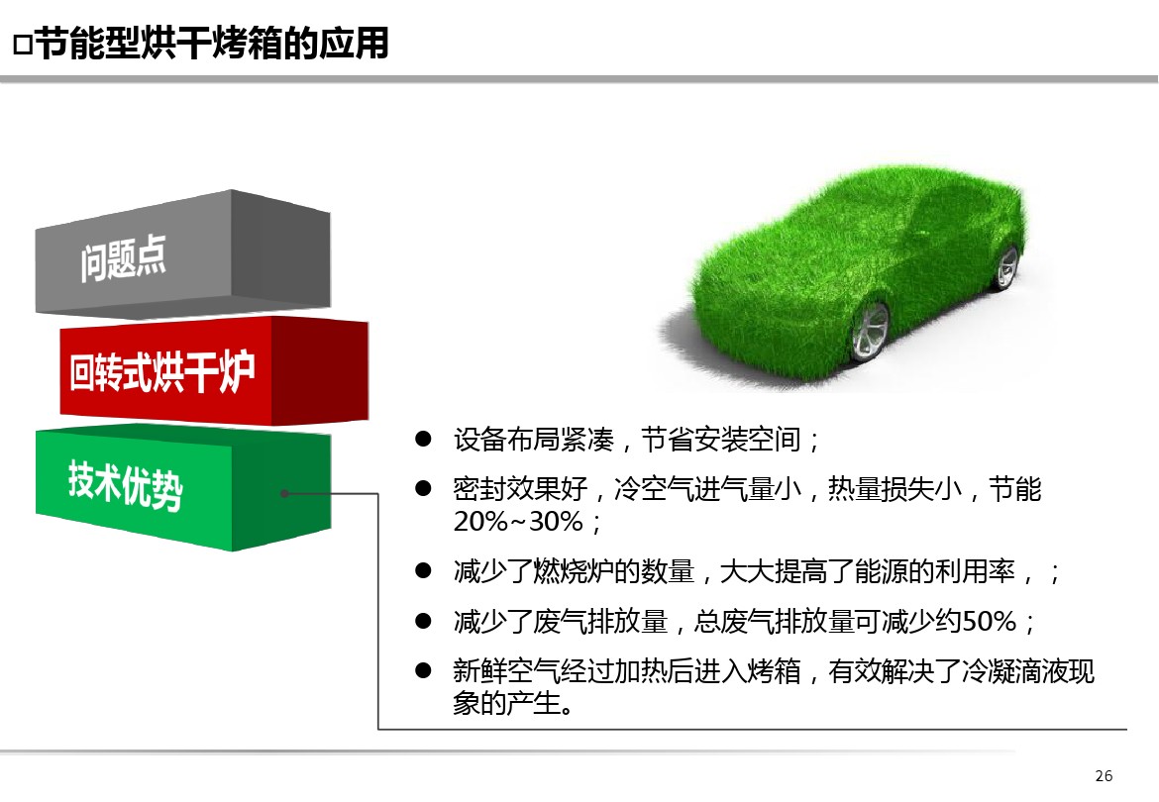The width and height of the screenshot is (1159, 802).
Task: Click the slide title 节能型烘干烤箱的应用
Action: click(212, 43)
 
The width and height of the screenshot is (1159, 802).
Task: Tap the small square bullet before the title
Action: click(23, 45)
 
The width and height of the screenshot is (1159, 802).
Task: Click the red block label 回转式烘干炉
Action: click(161, 371)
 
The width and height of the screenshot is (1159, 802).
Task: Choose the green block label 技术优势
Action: click(125, 484)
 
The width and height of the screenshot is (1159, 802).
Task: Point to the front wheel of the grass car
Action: click(870, 330)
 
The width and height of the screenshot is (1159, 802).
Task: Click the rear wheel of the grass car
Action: click(1007, 267)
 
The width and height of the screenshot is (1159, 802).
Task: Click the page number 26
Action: click(1104, 775)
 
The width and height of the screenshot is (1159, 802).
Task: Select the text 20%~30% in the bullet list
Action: click(518, 522)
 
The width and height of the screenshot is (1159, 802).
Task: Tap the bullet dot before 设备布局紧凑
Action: click(423, 439)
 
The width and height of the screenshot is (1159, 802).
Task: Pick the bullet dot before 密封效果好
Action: click(423, 488)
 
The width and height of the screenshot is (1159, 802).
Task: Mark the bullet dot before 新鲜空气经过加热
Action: click(423, 670)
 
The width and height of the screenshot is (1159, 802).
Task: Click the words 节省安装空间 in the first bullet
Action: click(721, 440)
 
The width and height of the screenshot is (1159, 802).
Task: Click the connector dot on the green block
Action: click(284, 493)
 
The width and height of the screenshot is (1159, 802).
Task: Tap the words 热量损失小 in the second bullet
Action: click(896, 489)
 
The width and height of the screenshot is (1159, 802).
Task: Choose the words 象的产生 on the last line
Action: click(506, 703)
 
